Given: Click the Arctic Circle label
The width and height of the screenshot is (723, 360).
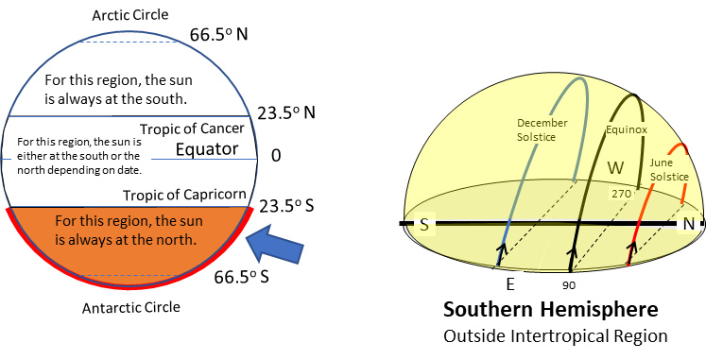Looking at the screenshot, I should point(132,16).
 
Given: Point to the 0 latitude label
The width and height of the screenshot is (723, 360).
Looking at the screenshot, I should point(276,155).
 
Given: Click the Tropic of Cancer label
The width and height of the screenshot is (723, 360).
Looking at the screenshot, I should point(192,129).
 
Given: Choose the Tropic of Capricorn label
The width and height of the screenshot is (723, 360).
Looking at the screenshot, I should point(184,196).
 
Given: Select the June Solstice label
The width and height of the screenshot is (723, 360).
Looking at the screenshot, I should point(668,171).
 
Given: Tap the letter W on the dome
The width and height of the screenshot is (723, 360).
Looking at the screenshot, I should point(615,168).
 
